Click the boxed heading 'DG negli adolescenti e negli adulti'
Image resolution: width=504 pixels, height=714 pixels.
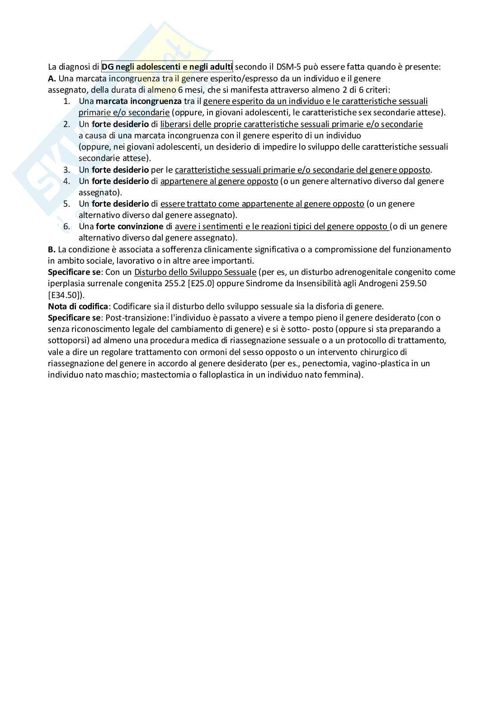coord(167,67)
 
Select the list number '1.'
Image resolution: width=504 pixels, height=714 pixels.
coord(66,101)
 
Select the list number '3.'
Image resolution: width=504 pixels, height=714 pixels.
coord(66,170)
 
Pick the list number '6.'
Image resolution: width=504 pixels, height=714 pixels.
coord(66,227)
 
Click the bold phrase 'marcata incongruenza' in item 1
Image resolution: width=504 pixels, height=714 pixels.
coord(138,101)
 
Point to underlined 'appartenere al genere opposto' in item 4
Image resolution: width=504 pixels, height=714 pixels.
coord(219,181)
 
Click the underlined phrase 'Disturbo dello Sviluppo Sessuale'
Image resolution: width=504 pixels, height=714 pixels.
coord(195,272)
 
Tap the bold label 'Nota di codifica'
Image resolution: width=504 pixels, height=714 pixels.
coord(78,306)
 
